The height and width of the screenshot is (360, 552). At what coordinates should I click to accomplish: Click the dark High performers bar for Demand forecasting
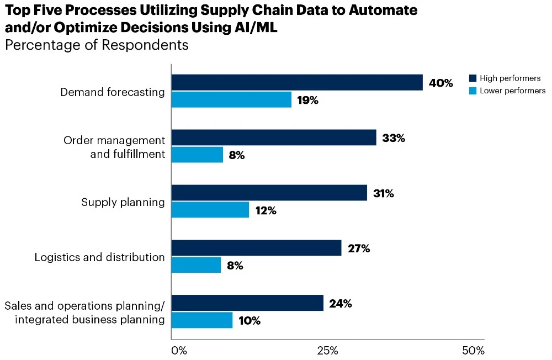coord(297,82)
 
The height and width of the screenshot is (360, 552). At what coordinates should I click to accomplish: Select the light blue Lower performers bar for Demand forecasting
coord(231,100)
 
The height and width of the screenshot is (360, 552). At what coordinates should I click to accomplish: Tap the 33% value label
coord(394,138)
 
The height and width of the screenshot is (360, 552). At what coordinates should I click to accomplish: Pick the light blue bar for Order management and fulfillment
coord(197,155)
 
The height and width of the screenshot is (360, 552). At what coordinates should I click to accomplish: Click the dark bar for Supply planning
coord(269,193)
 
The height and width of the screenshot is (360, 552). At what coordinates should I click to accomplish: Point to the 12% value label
coord(265,210)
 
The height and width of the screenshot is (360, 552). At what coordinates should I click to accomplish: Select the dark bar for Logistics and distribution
coord(256,248)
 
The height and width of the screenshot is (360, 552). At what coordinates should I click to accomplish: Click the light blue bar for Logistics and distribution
coord(196,266)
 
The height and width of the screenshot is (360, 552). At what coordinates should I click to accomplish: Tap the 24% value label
coord(340,303)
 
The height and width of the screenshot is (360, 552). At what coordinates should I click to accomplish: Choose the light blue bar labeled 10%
coord(201,320)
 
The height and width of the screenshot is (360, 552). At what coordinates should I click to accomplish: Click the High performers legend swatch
coord(473,78)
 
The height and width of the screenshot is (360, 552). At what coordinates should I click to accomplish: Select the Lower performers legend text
coord(512,91)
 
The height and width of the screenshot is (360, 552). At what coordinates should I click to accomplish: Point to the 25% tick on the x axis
coord(327,351)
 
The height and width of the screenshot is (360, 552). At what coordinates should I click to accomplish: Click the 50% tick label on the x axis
coord(473,351)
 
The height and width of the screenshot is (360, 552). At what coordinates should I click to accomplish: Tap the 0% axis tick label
coord(179,351)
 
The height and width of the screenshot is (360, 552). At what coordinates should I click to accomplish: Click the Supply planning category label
coord(123,202)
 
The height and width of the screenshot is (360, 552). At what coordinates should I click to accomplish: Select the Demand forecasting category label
coord(113,92)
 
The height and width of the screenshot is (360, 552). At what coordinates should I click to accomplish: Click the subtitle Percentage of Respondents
coord(97,45)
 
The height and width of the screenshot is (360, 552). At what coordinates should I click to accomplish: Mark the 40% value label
coord(440,83)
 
